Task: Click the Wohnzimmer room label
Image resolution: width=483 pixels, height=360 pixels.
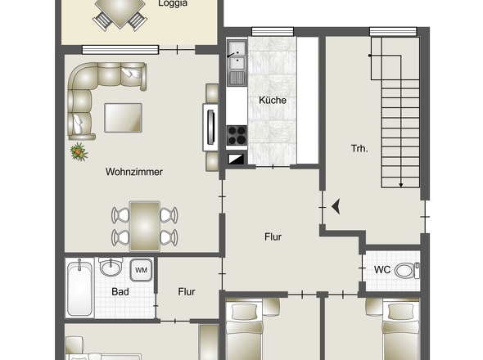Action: pyautogui.click(x=133, y=172)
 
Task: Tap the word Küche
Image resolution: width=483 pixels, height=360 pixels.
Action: pyautogui.click(x=272, y=100)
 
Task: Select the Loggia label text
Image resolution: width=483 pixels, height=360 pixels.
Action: pyautogui.click(x=173, y=3)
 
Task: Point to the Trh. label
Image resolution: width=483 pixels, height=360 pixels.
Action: pyautogui.click(x=359, y=148)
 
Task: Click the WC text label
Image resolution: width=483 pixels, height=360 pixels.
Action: pyautogui.click(x=381, y=269)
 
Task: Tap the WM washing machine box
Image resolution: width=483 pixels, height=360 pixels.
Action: pyautogui.click(x=141, y=270)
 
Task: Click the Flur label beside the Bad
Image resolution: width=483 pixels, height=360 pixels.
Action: pyautogui.click(x=187, y=290)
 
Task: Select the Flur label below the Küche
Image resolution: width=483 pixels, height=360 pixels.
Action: pyautogui.click(x=273, y=237)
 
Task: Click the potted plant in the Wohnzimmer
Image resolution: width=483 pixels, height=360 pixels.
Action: pyautogui.click(x=79, y=151)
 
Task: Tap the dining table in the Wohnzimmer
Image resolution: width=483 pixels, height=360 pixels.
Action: pyautogui.click(x=145, y=225)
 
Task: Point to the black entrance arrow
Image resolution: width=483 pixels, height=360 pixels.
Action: pyautogui.click(x=335, y=206)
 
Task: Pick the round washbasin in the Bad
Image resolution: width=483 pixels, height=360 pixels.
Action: pyautogui.click(x=111, y=268)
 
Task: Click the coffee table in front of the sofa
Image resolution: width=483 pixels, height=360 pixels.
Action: pyautogui.click(x=123, y=117)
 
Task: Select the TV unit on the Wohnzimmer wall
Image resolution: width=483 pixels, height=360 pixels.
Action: pyautogui.click(x=210, y=127)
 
